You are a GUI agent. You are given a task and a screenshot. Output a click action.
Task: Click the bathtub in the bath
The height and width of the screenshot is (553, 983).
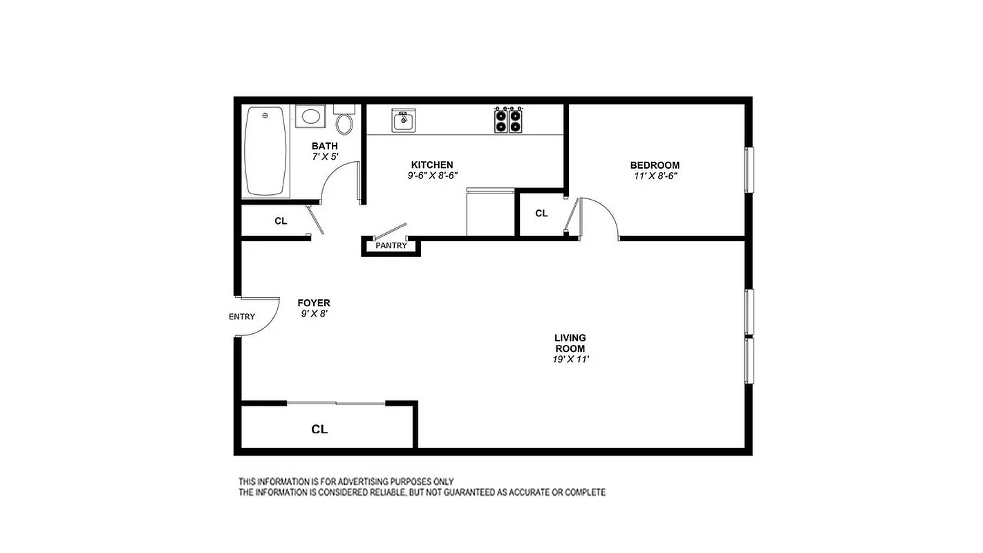[x=265, y=151]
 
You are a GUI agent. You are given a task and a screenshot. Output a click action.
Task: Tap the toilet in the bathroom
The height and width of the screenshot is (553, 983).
[x=344, y=124]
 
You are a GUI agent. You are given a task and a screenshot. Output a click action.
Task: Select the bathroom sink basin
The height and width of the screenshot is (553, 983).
[x=310, y=115]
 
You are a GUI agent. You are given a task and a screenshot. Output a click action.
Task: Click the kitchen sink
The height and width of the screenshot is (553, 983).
[x=402, y=121]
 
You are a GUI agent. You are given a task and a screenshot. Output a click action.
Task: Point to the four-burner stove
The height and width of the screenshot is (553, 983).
[x=508, y=121]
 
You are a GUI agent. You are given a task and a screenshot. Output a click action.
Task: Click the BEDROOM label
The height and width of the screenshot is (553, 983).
[x=655, y=165]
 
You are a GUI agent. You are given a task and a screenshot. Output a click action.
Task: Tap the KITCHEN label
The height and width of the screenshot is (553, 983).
[x=432, y=165]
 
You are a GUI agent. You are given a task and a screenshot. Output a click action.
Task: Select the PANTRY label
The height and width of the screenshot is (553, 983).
[x=391, y=246]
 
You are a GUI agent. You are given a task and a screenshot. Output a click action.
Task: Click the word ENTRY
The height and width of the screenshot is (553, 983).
[x=242, y=317]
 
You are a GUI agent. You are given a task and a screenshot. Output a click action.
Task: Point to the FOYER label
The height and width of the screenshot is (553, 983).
[x=314, y=303]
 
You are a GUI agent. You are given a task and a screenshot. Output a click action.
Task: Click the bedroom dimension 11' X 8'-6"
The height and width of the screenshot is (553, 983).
[x=655, y=176]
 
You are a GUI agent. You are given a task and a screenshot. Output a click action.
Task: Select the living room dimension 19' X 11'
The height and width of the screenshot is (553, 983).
[x=570, y=359]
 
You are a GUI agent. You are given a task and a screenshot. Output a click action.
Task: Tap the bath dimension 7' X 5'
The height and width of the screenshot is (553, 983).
[x=325, y=157]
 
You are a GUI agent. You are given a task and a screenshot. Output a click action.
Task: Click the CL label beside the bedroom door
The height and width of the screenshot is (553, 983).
[x=541, y=214]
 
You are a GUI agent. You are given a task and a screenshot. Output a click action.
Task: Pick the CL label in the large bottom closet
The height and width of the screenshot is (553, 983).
[x=319, y=429]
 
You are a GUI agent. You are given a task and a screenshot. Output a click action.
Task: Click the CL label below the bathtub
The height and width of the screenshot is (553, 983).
[x=281, y=221]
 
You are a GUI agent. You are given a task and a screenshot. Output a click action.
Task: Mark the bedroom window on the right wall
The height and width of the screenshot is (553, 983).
[x=748, y=169]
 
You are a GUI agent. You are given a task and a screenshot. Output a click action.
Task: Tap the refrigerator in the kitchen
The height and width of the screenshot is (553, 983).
[x=489, y=213]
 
